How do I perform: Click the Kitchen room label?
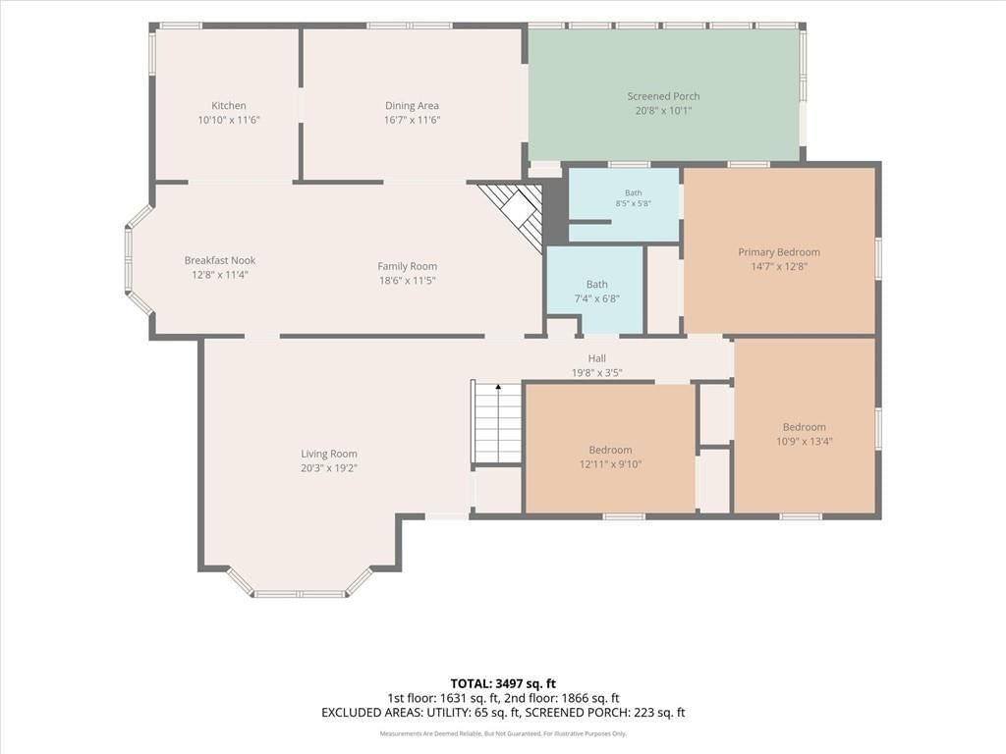pos(228,106)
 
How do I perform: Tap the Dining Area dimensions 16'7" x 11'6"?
pos(412,120)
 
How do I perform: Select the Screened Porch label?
pos(663,96)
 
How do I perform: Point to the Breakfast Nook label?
pos(219,260)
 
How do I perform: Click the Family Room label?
pos(407,266)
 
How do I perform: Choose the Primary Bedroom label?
pos(779,252)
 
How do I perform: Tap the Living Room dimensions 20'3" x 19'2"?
pos(328,468)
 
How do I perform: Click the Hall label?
pos(596,358)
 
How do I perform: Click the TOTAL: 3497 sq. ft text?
pos(498,683)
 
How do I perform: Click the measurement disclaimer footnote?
pos(503,733)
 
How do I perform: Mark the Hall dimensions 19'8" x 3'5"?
pos(596,372)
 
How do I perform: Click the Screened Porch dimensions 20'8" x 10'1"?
pos(663,110)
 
